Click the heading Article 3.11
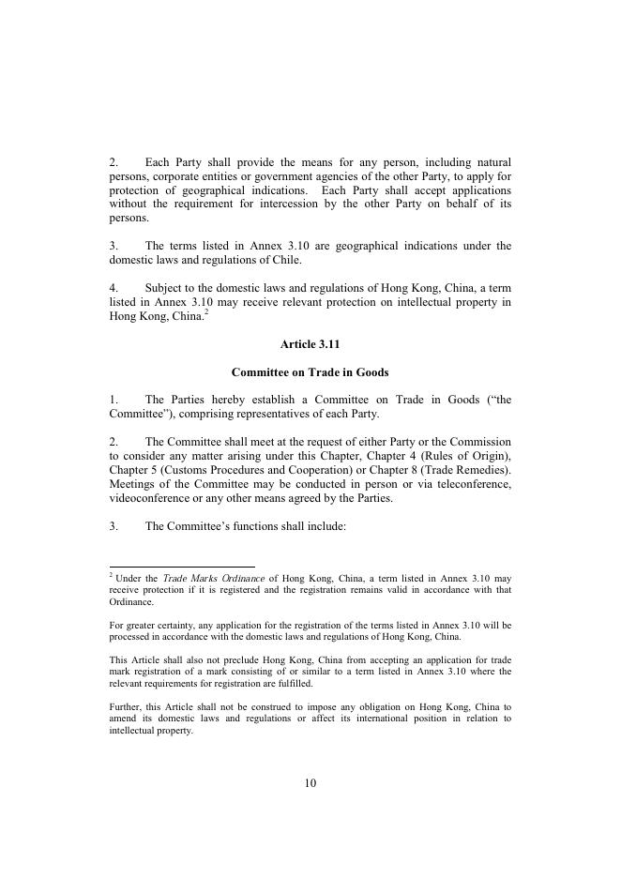310,344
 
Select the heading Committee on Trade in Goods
310,372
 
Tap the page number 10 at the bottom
310,783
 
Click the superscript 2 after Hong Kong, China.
205,312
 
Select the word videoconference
149,498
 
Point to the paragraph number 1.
113,400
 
